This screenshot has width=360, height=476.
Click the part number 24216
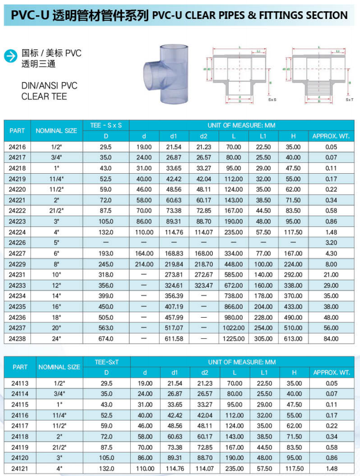pyautogui.click(x=17, y=147)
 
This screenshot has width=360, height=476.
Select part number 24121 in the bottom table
pyautogui.click(x=20, y=468)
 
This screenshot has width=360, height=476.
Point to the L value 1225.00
pyautogui.click(x=233, y=339)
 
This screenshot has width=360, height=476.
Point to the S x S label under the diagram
pyautogui.click(x=272, y=100)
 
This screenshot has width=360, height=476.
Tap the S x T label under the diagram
pyautogui.click(x=349, y=100)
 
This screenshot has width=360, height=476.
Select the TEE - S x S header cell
pyautogui.click(x=106, y=125)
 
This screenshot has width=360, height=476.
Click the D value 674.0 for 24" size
pyautogui.click(x=106, y=339)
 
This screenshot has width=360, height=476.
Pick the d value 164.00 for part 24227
pyautogui.click(x=144, y=253)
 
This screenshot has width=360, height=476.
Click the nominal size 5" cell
pyautogui.click(x=56, y=242)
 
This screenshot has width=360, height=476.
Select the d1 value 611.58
pyautogui.click(x=174, y=339)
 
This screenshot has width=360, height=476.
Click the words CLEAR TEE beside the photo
pyautogui.click(x=44, y=96)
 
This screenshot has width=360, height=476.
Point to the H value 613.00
pyautogui.click(x=293, y=339)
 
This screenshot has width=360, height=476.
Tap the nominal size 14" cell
pyautogui.click(x=56, y=296)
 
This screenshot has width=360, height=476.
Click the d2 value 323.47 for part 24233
pyautogui.click(x=204, y=285)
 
